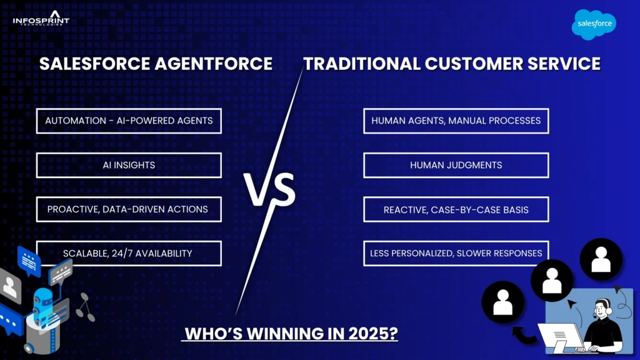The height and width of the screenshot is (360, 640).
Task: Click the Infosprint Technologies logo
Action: pos(41,19)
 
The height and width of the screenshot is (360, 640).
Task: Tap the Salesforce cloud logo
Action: pos(594,24)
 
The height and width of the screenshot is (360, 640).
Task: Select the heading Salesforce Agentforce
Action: pos(156,64)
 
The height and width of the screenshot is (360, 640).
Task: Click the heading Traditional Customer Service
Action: pos(452,64)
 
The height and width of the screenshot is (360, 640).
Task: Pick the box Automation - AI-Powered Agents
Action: pos(129,120)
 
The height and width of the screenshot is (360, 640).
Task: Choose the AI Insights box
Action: pos(129,165)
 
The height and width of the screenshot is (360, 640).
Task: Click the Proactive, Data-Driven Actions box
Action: pos(129,209)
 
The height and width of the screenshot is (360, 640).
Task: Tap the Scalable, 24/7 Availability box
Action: pos(129,253)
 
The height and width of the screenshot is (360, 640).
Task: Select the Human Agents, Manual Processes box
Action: pos(456,120)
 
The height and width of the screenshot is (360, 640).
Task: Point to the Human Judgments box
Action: pos(456,165)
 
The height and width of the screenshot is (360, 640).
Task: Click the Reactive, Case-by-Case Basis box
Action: pos(456,209)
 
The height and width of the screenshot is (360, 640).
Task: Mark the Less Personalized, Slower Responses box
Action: pos(456,253)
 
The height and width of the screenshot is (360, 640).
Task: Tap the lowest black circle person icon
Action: pos(502,302)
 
